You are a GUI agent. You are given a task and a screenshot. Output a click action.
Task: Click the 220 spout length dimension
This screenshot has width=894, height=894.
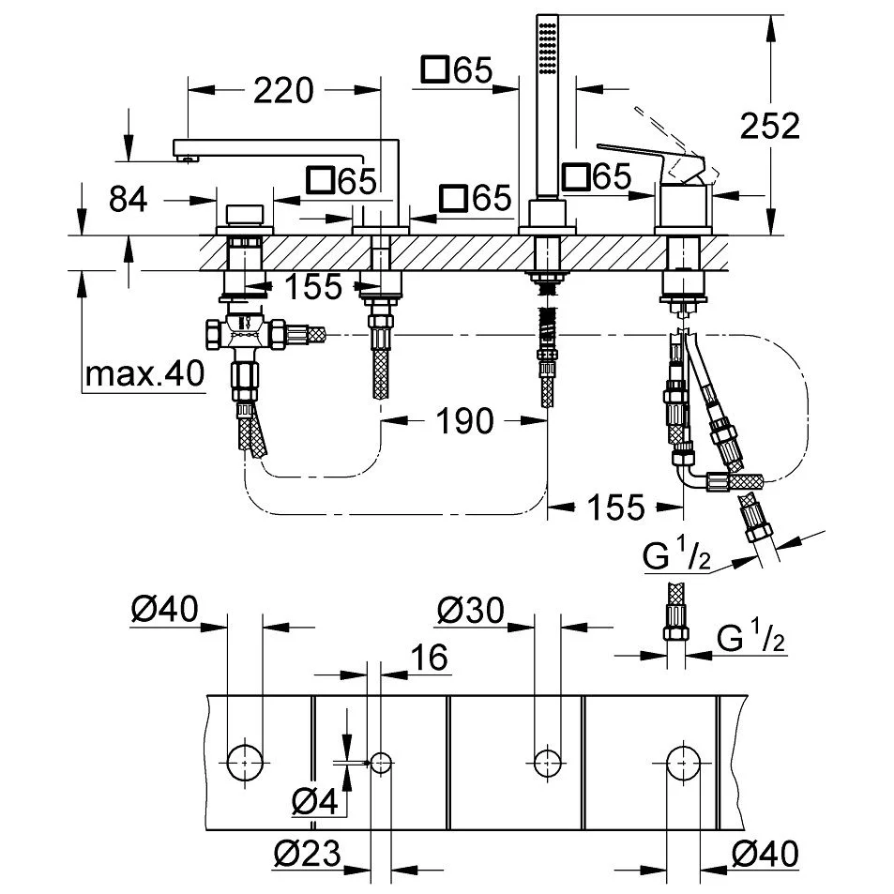[x=282, y=91]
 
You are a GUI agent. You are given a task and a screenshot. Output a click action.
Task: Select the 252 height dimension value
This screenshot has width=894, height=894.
[x=769, y=125]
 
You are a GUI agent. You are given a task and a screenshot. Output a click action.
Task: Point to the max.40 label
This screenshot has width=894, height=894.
[x=144, y=374]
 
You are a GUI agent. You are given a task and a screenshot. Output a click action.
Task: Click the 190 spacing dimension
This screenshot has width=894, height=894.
[x=464, y=421]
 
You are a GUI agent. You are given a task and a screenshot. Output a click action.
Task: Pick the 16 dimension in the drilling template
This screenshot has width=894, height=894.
[x=429, y=658]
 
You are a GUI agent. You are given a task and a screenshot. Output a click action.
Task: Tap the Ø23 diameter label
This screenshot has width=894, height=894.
[x=307, y=855]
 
